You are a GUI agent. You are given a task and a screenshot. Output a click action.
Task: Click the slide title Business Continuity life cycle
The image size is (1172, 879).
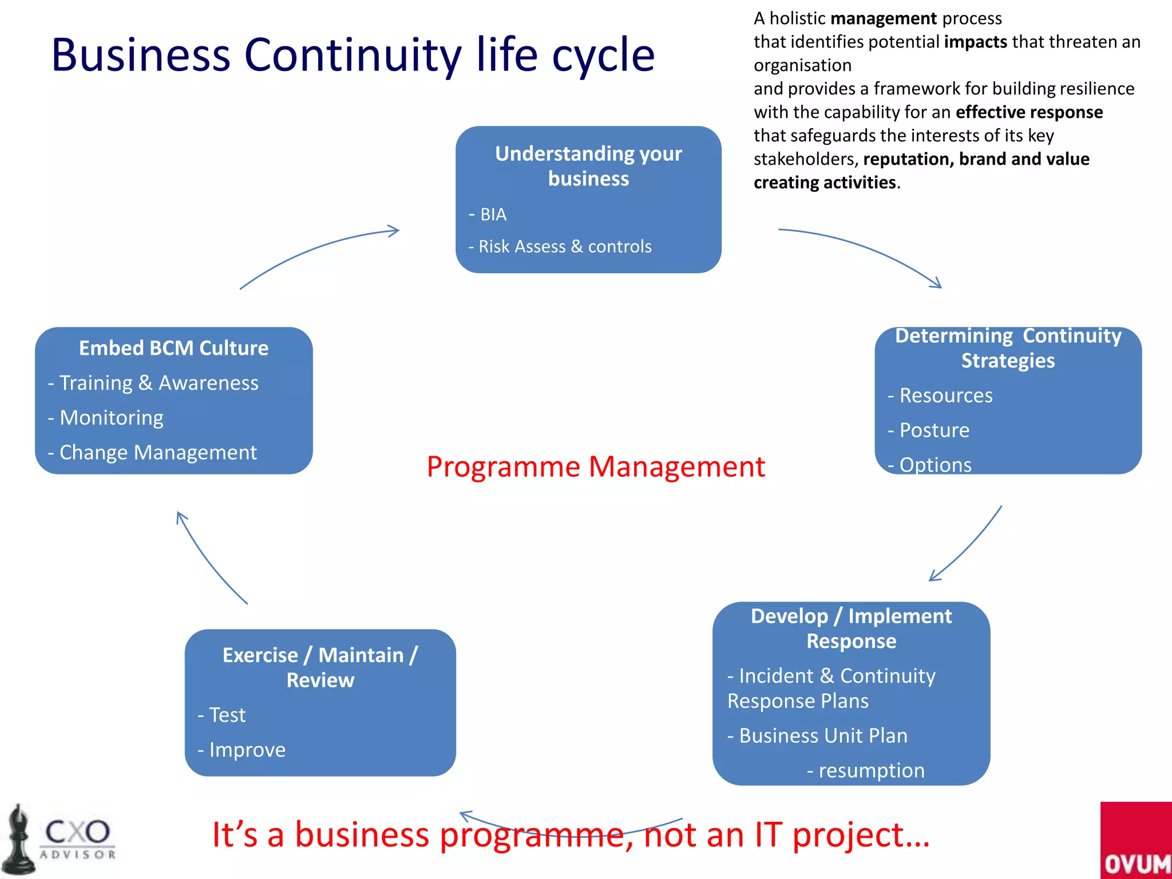point(353,55)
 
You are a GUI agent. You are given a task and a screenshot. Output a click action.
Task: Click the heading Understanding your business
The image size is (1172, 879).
point(588,166)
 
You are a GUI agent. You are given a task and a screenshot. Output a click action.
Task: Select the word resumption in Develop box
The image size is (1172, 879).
point(871,770)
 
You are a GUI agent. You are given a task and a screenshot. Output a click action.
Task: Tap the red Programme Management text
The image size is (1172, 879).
point(595,467)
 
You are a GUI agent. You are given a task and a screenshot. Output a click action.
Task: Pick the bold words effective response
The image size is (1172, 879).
point(1029,112)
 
